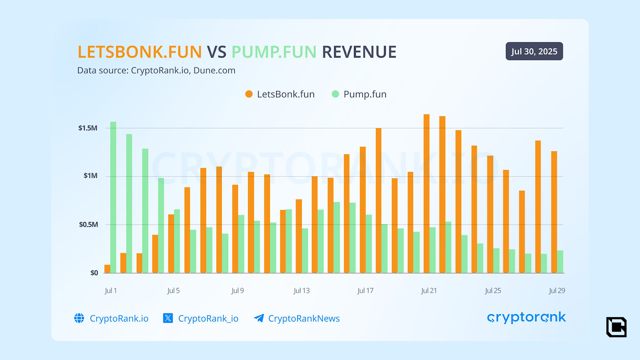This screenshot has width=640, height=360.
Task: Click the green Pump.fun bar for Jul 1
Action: coord(113,198)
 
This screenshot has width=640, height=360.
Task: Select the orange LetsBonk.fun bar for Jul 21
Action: coord(426,194)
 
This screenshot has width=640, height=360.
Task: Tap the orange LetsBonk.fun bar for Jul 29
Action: coord(554,212)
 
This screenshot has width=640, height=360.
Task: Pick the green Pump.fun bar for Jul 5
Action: coord(177,241)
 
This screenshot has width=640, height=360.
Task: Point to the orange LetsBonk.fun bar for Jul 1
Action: coord(107,269)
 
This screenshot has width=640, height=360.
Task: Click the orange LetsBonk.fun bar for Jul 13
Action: coord(299,236)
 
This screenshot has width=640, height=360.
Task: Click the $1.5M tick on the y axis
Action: coord(88,128)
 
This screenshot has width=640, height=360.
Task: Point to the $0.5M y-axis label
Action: coord(88,224)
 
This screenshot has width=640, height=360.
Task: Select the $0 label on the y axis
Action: coord(94,273)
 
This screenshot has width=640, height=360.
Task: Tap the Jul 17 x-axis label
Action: coord(365,291)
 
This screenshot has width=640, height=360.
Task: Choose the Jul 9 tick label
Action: coord(237,291)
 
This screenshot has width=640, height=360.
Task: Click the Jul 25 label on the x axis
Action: coord(493,291)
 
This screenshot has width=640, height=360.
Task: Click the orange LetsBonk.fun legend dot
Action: coord(249,94)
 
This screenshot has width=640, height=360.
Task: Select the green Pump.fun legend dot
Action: coord(335,94)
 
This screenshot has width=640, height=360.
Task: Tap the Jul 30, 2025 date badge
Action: coord(534,51)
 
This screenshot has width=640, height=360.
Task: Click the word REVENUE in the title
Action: coord(359,52)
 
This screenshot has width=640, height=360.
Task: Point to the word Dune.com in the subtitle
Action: coord(214,70)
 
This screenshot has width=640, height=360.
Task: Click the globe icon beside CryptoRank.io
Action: coord(79,318)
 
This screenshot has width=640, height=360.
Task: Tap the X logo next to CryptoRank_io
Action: coord(168,318)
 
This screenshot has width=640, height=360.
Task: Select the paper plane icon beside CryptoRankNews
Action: coord(259,318)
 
